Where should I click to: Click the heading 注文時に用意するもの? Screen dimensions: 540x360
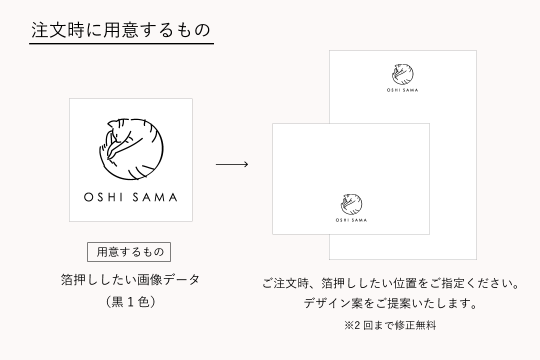(121, 30)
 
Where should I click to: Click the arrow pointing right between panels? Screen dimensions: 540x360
(232, 164)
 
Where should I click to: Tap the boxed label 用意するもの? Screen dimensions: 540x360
(129, 252)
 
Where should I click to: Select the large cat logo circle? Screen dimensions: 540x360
(131, 149)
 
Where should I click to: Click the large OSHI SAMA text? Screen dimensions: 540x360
(130, 197)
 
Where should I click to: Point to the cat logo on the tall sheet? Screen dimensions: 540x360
(402, 73)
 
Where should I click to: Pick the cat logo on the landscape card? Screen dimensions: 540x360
(351, 204)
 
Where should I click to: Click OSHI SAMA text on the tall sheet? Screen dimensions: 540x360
(402, 90)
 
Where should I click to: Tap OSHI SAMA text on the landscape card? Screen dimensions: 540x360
(351, 220)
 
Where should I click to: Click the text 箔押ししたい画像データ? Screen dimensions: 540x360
(130, 279)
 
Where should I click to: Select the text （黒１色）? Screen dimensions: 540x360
(130, 302)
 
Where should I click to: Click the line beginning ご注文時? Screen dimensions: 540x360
(390, 283)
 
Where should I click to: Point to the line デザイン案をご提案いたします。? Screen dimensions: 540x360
(390, 303)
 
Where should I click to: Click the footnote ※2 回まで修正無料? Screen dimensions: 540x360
(390, 325)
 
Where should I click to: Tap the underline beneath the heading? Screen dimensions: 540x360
(121, 44)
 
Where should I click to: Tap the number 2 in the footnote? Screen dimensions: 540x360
(357, 325)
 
